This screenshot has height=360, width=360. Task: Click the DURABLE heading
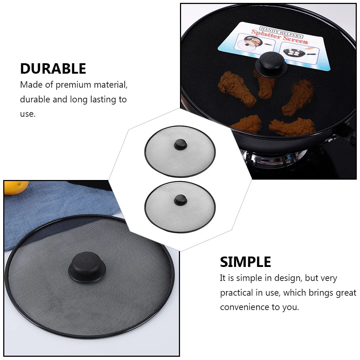coord(53,69)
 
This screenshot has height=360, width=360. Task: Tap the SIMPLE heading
coord(245,262)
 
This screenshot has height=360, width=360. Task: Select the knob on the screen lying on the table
coord(86,266)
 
